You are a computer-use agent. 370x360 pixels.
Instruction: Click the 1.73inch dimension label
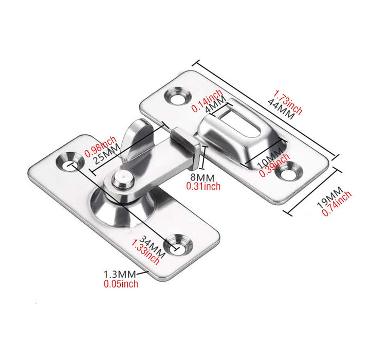coord(288,102)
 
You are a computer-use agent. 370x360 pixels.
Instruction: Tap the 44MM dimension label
coord(280,109)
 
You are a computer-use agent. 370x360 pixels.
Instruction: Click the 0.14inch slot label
coord(207,100)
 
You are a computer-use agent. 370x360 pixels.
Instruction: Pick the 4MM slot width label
coord(212,110)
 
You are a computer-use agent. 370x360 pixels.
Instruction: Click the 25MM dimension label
coord(108,156)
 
